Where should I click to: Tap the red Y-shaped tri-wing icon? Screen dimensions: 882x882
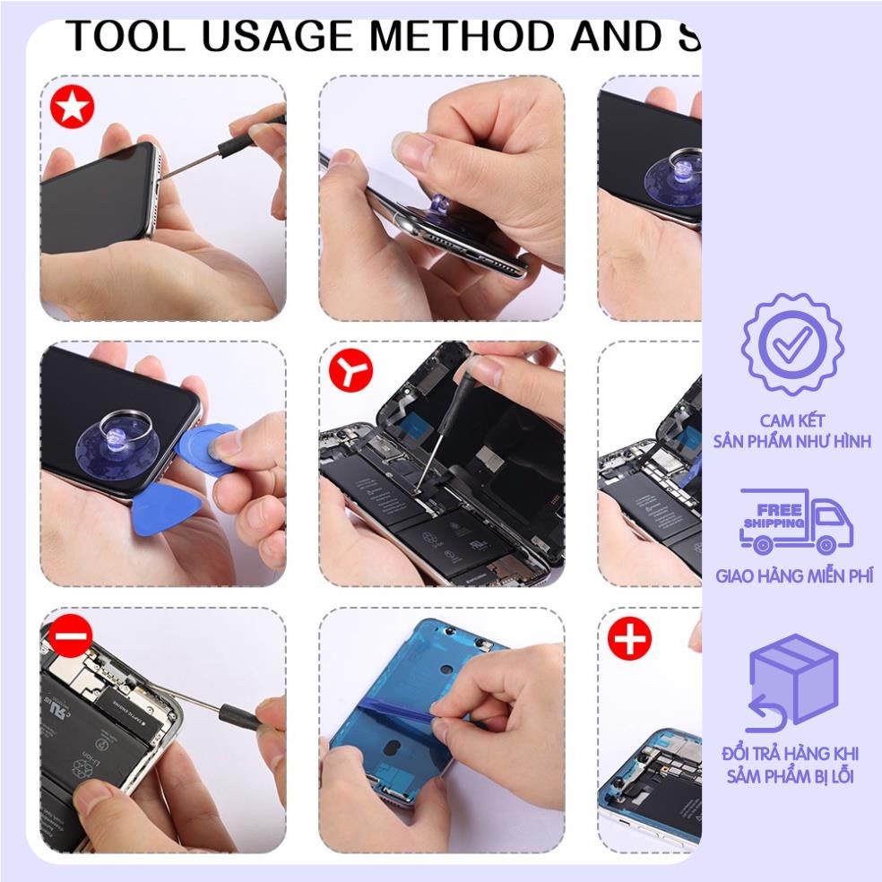pos(350,370)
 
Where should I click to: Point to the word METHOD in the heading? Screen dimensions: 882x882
pos(472,36)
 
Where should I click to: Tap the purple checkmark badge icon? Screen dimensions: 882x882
pos(792,344)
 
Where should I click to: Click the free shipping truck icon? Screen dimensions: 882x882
pos(795,523)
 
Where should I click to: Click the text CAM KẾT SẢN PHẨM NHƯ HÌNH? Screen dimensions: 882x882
pos(792,431)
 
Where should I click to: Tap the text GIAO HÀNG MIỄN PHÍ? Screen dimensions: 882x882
pos(793,575)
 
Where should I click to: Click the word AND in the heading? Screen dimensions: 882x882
pos(620,36)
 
